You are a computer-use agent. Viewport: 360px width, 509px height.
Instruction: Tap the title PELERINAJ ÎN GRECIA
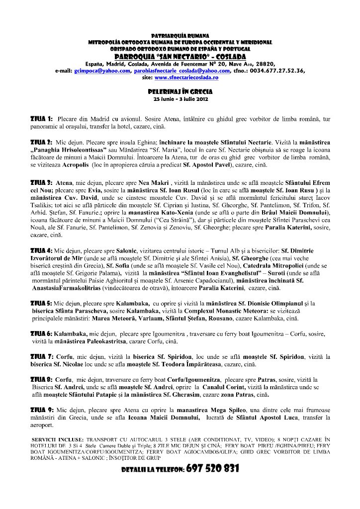pos(180,92)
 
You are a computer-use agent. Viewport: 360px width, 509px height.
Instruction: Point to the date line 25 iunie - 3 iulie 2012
pos(180,98)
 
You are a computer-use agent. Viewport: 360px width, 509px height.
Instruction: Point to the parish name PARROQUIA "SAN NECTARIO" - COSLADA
pos(180,57)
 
